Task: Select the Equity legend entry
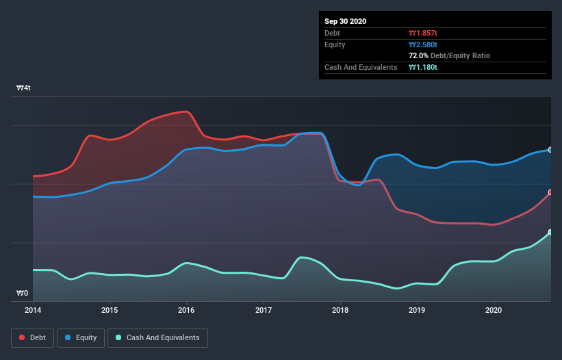(81, 337)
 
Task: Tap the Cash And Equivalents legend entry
(157, 337)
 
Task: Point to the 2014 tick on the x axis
(32, 310)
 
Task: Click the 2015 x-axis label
(110, 310)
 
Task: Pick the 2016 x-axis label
(186, 310)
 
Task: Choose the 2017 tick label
(264, 310)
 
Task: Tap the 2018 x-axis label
(340, 310)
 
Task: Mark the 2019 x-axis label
(417, 310)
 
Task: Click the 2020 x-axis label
(494, 310)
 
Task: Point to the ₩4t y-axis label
(23, 88)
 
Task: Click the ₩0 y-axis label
(23, 294)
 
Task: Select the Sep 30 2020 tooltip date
(345, 21)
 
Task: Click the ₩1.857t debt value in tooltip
(423, 33)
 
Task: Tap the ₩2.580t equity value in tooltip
(423, 44)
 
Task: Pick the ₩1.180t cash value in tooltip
(423, 67)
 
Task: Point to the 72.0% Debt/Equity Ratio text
(449, 55)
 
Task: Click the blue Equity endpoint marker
(550, 150)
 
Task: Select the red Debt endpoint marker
(550, 192)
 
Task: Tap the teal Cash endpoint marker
(550, 233)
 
